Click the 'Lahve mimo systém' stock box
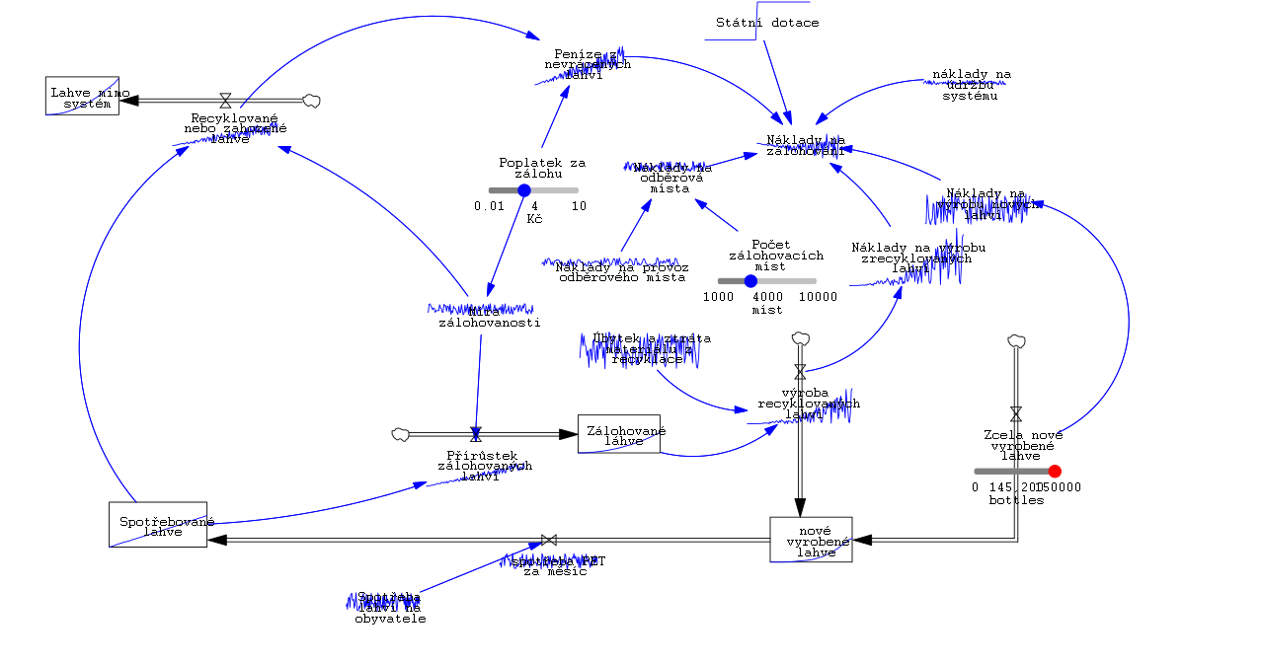coord(82,96)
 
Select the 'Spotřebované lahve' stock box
coord(158,524)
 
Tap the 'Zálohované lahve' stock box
coord(619,434)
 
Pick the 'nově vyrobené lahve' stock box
coord(811,539)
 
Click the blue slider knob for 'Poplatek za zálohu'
coord(524,190)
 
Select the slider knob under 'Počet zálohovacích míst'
coord(750,281)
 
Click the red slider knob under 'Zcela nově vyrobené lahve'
coord(1055,472)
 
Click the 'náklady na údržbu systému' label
coord(972,85)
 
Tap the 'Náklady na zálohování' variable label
coord(806,145)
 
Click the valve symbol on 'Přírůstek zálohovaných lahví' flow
coord(476,434)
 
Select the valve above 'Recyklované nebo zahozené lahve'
coord(225,100)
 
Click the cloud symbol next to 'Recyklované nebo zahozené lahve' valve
coord(311,100)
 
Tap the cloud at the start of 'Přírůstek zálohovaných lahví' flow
coord(401,434)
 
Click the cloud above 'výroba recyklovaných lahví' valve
coord(800,339)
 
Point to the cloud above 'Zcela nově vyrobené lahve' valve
coord(1016,340)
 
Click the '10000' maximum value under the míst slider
coord(818,297)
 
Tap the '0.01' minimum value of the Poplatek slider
coord(489,206)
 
